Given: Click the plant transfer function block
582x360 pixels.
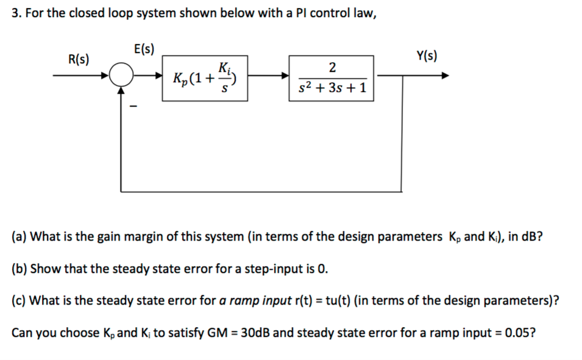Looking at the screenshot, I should (332, 78).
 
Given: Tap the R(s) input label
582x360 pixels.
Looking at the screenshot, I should (78, 60).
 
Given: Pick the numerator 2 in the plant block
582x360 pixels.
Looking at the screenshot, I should (331, 66).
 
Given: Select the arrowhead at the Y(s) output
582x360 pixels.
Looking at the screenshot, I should (446, 77).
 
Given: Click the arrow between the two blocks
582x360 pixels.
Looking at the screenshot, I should (268, 77).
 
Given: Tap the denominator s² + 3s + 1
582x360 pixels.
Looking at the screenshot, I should (332, 88).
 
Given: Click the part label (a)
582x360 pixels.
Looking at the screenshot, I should (19, 236).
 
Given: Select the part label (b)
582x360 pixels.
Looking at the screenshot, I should (19, 268).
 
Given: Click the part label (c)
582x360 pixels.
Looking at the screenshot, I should (19, 300).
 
